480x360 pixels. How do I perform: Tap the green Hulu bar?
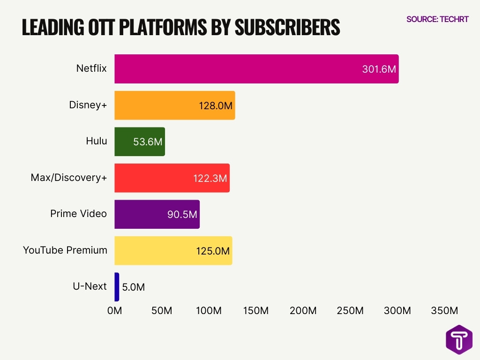tap(139, 142)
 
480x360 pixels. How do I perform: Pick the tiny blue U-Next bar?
tap(117, 287)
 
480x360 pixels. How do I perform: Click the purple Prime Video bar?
tap(157, 214)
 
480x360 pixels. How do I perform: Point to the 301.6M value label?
tap(379, 69)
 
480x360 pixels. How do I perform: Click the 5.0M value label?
tap(133, 287)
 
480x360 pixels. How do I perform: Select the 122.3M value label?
tap(210, 179)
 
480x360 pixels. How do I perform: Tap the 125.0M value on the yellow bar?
tap(213, 251)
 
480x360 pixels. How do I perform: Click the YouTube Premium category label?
tap(65, 250)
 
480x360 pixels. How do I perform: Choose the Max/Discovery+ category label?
tap(69, 178)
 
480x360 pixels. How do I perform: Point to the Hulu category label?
tap(96, 141)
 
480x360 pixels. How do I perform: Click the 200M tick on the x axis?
tap(303, 311)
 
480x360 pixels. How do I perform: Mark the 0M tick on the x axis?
tap(114, 311)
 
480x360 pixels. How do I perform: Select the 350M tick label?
tap(444, 311)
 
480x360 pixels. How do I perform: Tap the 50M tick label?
tap(161, 311)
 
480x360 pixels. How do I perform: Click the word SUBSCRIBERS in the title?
tap(287, 28)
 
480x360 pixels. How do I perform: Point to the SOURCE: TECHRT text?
tap(437, 19)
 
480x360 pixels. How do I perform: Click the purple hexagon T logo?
tap(459, 339)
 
